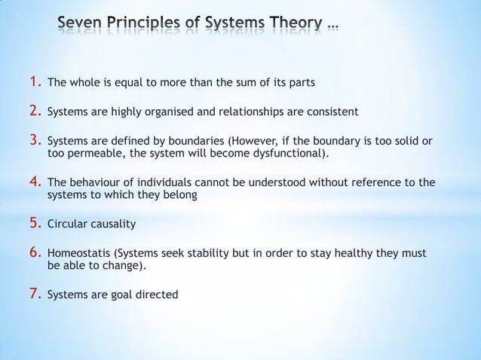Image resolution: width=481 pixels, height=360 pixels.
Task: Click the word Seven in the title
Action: coord(80,27)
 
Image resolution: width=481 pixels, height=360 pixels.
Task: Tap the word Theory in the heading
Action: coord(292,27)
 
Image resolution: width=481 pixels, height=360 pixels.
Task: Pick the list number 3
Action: coord(36,139)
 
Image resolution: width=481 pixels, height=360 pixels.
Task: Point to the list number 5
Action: coord(36,224)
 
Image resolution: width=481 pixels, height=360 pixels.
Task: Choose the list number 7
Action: coord(36,294)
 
